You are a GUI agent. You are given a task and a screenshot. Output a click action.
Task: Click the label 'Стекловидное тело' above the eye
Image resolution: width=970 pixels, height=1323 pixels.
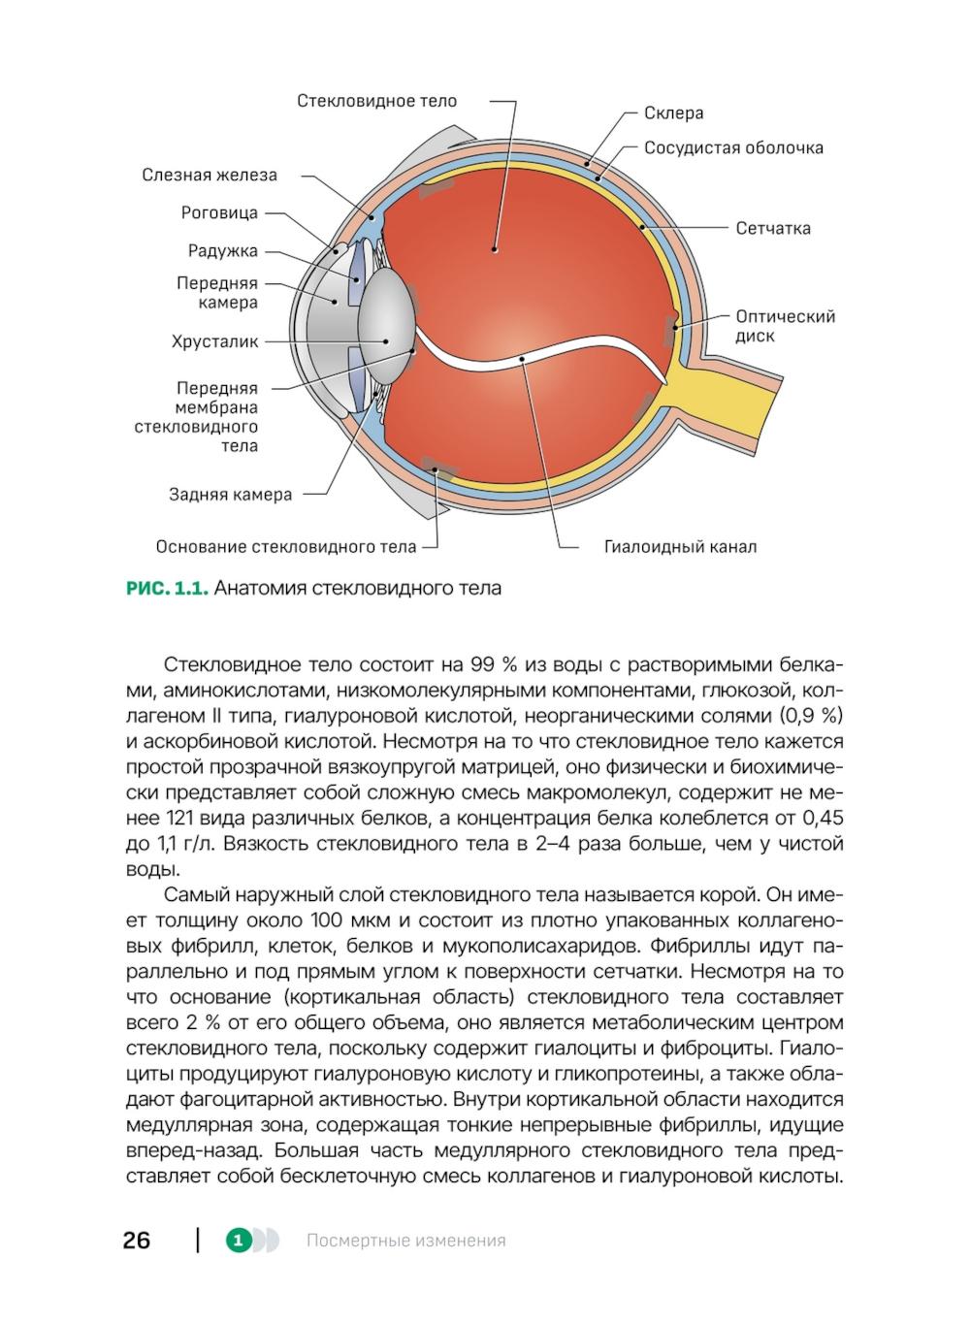click(376, 101)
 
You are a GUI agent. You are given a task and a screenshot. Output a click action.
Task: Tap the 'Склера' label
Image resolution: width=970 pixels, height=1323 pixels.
click(673, 113)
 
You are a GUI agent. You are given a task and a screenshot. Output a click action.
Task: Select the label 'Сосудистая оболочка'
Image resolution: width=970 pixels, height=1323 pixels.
click(733, 148)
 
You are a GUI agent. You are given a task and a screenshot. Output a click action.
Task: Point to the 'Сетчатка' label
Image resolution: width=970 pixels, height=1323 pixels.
click(772, 229)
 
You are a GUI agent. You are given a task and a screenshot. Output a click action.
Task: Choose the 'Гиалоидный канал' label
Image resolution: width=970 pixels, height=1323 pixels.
click(680, 547)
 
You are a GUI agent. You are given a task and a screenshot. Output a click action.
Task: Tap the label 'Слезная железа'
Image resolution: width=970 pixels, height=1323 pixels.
click(210, 176)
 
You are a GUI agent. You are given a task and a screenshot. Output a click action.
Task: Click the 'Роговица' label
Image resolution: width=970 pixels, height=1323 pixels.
click(219, 212)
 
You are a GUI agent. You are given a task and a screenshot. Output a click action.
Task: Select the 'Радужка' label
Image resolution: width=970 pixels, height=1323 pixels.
click(223, 251)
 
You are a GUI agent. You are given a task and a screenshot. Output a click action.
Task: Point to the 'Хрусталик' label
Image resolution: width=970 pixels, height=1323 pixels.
click(214, 341)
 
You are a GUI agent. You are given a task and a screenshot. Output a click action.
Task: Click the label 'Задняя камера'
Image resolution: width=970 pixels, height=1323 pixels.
click(230, 495)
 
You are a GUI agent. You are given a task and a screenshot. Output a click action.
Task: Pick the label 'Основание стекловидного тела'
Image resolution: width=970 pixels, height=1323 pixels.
click(286, 547)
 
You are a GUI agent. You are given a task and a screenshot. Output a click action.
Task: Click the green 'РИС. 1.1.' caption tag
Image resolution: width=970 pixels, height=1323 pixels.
click(167, 589)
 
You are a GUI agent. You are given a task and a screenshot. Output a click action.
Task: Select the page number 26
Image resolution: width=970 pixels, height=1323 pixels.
click(137, 1241)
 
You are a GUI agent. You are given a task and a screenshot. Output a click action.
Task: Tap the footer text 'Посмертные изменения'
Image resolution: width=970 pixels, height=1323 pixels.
click(405, 1241)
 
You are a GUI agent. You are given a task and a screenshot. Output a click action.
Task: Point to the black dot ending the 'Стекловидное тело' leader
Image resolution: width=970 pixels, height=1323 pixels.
click(494, 249)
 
